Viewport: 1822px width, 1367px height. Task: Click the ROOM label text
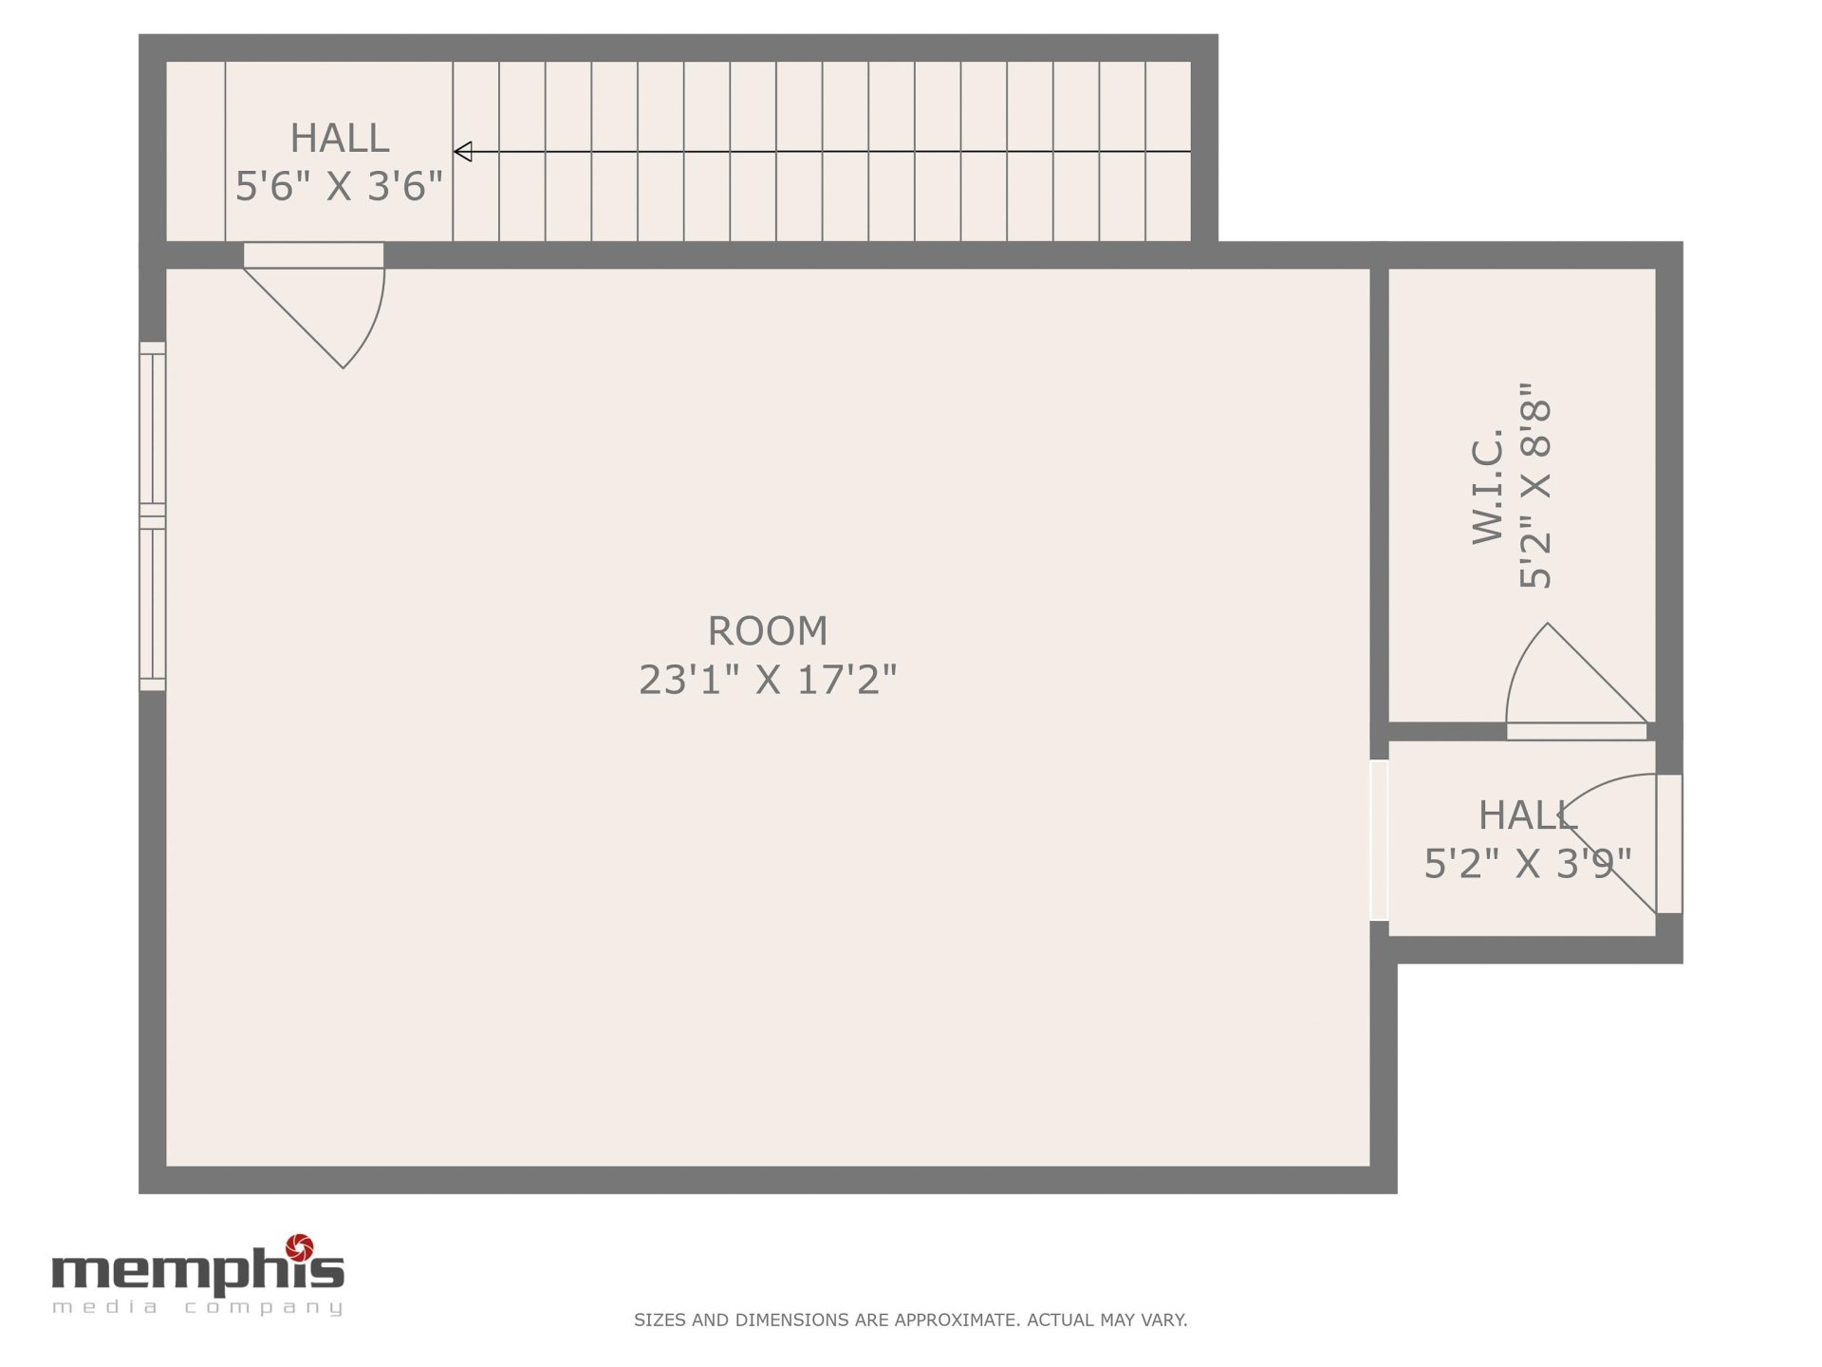tap(768, 631)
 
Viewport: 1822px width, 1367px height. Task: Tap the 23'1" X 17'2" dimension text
tap(768, 680)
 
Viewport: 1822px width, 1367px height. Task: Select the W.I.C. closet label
tap(1488, 486)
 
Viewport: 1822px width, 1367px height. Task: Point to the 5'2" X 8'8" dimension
tap(1534, 485)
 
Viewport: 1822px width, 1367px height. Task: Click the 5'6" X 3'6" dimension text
tap(339, 186)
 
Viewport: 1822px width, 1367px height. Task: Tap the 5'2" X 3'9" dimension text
tap(1527, 864)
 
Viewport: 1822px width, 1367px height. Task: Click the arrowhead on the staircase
tap(463, 152)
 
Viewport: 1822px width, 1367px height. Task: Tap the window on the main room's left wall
tap(152, 516)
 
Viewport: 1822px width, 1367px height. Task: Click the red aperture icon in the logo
tap(300, 1245)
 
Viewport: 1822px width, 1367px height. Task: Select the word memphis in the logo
tap(197, 1268)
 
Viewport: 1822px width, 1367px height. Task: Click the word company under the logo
tap(263, 1308)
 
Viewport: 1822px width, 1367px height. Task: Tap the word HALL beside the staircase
tap(339, 139)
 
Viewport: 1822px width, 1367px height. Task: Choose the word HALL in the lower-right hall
tap(1527, 815)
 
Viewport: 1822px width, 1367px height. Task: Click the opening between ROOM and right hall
tap(1379, 840)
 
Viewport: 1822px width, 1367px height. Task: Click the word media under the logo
tap(106, 1307)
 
